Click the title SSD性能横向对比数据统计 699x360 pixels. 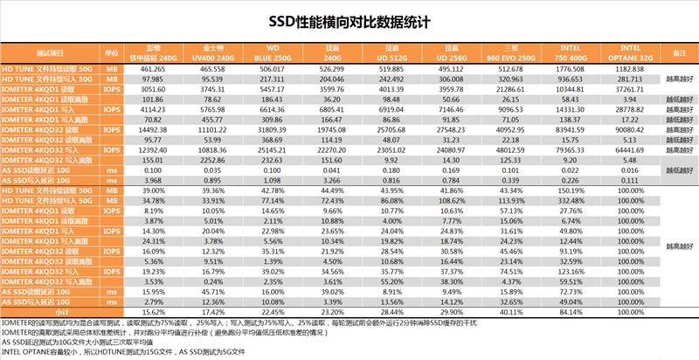tap(349, 18)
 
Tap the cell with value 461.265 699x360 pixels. tap(155, 67)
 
